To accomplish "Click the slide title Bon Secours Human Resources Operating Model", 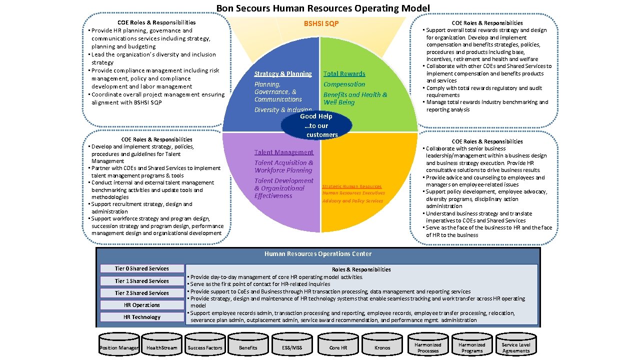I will coord(322,8).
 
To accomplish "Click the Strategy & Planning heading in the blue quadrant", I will coord(283,73).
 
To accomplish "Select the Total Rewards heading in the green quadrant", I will coord(344,73).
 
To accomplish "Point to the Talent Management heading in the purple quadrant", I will coord(283,152).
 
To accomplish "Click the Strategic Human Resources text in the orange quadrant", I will coord(351,186).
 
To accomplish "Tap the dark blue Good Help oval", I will coord(316,125).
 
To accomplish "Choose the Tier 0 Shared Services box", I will coord(141,268).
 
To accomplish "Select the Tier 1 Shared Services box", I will coord(141,281).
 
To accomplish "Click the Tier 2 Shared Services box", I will coord(141,293).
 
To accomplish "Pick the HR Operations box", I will coord(141,305).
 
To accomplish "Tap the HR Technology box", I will coord(141,317).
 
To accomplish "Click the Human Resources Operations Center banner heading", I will coord(317,254).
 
